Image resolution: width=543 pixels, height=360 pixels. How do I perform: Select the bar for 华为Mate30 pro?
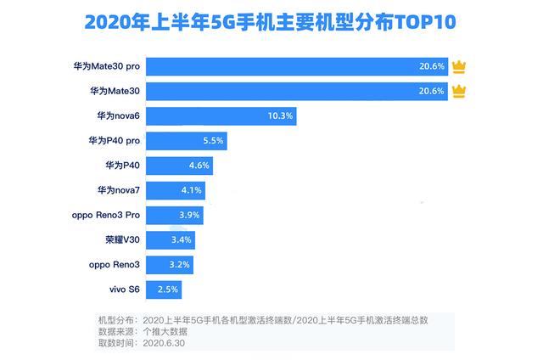pyautogui.click(x=297, y=66)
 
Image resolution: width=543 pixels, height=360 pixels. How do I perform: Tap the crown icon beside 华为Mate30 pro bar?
pyautogui.click(x=460, y=66)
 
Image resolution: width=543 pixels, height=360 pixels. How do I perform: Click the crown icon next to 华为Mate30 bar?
pyautogui.click(x=460, y=91)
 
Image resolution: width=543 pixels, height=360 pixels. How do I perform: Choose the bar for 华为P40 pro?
pyautogui.click(x=186, y=140)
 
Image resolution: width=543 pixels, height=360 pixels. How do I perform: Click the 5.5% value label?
pyautogui.click(x=213, y=140)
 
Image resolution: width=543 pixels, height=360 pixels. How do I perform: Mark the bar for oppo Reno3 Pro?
pyautogui.click(x=174, y=215)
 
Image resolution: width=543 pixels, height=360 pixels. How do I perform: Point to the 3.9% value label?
pyautogui.click(x=189, y=215)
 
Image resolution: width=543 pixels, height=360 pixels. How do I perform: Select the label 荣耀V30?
pyautogui.click(x=120, y=239)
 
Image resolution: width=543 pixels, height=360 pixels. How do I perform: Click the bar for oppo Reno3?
pyautogui.click(x=169, y=265)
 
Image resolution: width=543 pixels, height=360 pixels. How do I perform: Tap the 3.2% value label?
pyautogui.click(x=179, y=265)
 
